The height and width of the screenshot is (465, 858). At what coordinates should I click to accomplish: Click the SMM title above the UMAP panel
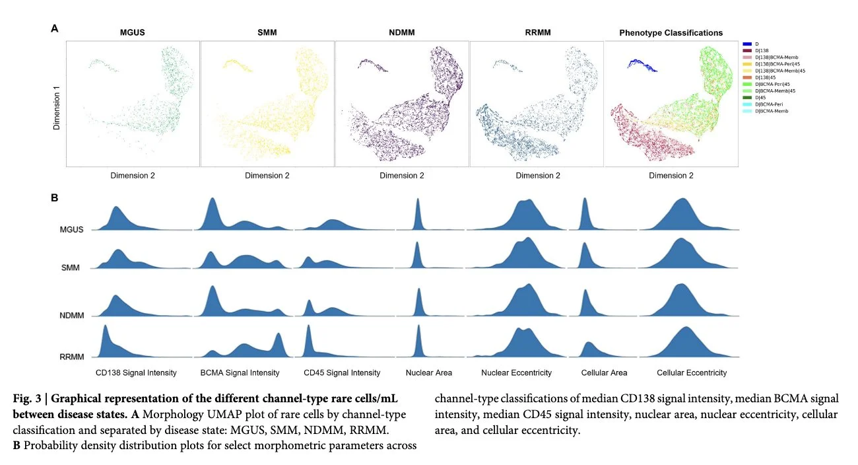point(267,32)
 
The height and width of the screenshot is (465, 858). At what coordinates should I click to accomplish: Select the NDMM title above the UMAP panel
point(401,32)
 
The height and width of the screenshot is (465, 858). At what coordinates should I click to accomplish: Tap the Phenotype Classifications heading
point(671,32)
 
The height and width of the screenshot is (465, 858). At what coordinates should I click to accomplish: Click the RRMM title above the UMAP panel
point(536,32)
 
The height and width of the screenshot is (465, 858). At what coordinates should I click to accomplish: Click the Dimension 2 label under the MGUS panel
point(133,176)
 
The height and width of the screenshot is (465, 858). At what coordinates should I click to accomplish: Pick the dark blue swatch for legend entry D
point(748,43)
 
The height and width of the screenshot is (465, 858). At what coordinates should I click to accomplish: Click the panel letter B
point(54,196)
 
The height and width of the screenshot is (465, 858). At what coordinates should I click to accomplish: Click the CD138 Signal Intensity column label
point(136,373)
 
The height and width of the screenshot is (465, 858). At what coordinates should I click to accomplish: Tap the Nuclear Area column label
point(429,373)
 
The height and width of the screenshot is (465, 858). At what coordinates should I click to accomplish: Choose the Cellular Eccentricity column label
point(692,373)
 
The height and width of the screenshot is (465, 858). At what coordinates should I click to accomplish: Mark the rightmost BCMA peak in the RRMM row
point(279,338)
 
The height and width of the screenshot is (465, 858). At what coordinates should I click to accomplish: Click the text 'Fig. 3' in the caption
point(28,398)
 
